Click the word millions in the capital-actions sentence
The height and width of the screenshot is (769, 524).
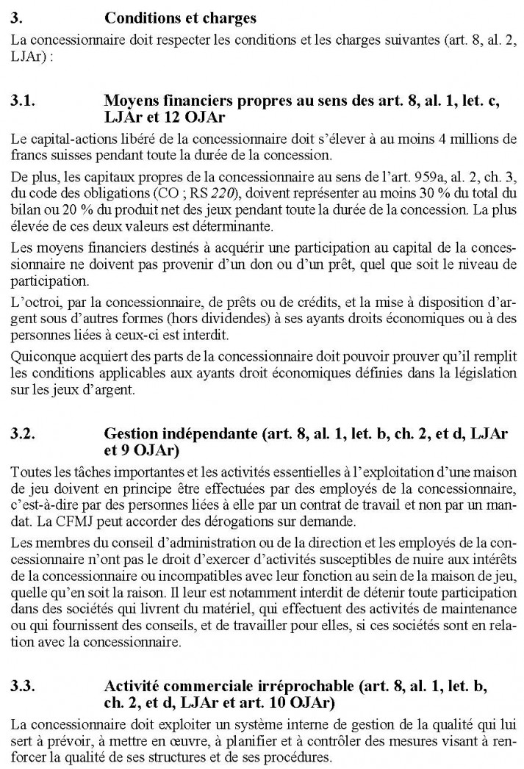click(x=481, y=137)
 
